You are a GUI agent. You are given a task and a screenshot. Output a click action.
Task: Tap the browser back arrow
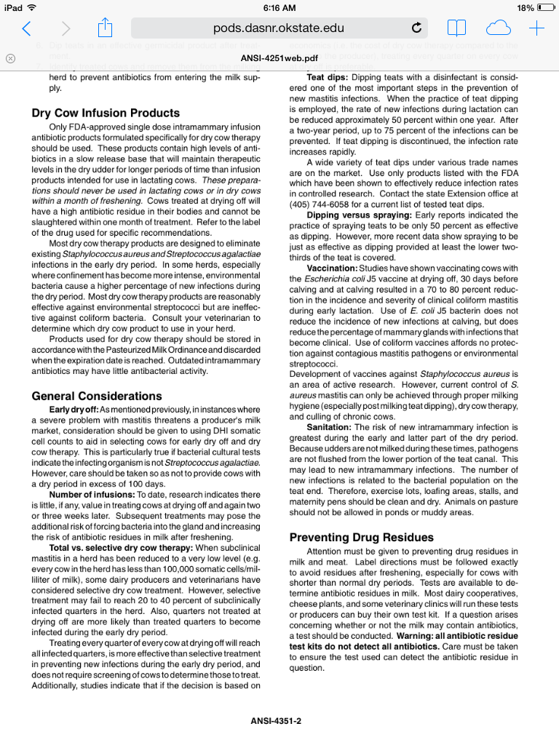click(x=27, y=28)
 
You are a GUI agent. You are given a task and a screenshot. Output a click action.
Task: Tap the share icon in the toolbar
click(x=105, y=28)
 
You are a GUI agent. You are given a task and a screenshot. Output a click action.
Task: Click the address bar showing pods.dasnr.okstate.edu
click(x=279, y=28)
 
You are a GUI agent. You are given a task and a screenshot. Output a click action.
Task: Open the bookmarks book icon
click(x=456, y=28)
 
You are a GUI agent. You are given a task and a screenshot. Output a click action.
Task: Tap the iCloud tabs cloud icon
click(x=498, y=28)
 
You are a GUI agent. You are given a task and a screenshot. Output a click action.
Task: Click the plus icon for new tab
click(x=536, y=28)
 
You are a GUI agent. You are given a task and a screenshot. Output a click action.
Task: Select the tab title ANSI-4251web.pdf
click(x=279, y=57)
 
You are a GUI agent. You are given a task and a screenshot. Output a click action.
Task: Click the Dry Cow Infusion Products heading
click(x=106, y=113)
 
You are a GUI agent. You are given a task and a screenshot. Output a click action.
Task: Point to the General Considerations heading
click(x=97, y=396)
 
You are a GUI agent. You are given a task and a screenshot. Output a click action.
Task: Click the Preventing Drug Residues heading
click(x=361, y=538)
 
